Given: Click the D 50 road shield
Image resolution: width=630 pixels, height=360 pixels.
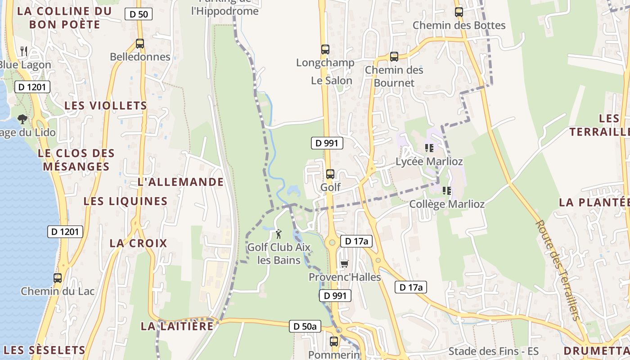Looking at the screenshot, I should coord(139,14).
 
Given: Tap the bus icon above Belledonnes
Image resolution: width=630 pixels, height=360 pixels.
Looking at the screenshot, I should coord(140,44).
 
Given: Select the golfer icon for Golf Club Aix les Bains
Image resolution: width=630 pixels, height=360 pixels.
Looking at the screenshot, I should coord(279,234).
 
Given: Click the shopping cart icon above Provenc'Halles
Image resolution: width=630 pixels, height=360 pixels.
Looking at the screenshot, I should coord(345,264).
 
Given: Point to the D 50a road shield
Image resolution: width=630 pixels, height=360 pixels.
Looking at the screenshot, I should coord(305,326).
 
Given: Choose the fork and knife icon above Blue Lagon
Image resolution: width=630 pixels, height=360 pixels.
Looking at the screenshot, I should coord(24,51).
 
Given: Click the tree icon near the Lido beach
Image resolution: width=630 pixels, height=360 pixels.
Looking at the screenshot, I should coord(22,119).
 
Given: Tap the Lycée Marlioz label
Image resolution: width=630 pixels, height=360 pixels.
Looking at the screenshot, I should coord(429,161).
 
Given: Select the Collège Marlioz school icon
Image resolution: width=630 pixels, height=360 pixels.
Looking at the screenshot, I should coord(447,191).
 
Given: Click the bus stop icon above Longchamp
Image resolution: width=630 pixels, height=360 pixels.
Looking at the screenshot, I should coord(325,49).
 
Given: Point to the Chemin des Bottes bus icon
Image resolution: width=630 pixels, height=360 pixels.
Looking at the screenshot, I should coord(459,12).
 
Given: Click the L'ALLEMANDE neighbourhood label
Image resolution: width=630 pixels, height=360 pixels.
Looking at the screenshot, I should coord(180,182).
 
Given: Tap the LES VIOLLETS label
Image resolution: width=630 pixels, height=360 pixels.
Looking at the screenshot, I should coord(106,105).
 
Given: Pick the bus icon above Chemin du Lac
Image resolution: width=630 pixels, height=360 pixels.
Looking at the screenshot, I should coord(58,278).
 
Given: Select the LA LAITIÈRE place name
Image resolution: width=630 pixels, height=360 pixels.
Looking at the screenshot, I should coord(177,326).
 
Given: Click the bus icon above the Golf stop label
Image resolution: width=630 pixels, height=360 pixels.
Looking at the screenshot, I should coord(330,174).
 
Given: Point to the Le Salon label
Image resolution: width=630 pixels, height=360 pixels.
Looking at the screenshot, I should coord(332,81).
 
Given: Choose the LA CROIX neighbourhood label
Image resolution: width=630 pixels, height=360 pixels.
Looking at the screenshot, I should coord(138,243).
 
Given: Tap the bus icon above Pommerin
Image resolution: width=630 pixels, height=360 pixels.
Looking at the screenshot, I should coord(334,342).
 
